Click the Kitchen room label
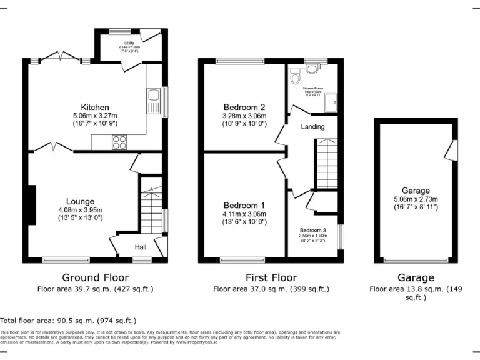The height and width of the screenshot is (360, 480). [x=94, y=107]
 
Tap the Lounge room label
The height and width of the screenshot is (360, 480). [x=81, y=201]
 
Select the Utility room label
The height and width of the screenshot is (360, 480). [x=129, y=42]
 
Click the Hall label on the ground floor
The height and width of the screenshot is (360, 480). [x=141, y=247]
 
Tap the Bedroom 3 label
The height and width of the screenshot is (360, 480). [x=312, y=230]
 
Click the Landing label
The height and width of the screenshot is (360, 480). [x=312, y=127]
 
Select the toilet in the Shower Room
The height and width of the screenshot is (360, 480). [x=296, y=77]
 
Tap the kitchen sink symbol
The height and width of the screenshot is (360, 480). [x=153, y=100]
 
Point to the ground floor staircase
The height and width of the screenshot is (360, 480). [x=150, y=209]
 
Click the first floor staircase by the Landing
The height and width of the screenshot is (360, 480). [x=325, y=164]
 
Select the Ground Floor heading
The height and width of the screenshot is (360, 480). [x=95, y=277]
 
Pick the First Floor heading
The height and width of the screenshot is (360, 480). [x=271, y=277]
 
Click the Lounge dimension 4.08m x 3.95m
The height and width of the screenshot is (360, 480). [x=81, y=210]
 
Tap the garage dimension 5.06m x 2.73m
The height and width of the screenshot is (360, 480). [x=416, y=199]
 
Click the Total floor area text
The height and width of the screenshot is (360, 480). [x=68, y=320]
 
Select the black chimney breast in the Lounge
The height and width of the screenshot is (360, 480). [x=31, y=204]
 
